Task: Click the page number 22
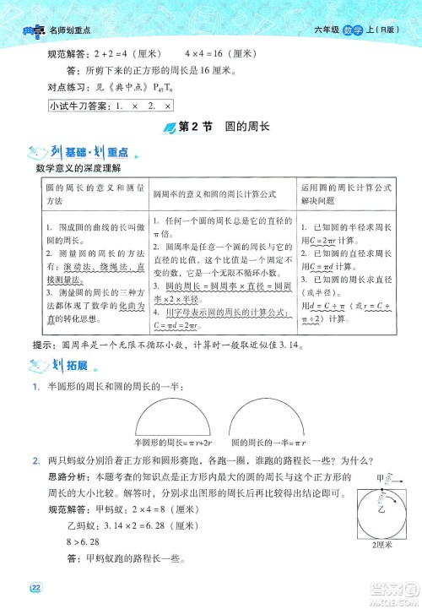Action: [x=35, y=588]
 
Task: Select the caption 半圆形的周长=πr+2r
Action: [x=176, y=443]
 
